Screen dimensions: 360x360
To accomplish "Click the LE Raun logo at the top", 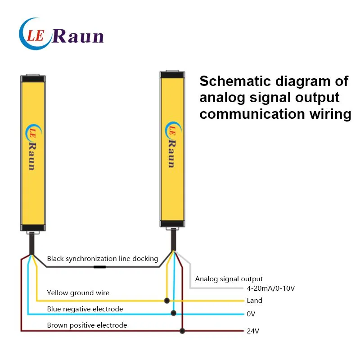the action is click(61, 34).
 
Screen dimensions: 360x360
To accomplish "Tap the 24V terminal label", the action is click(253, 331).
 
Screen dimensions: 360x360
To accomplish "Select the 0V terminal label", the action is click(251, 314).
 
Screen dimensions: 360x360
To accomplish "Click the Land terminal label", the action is click(254, 300).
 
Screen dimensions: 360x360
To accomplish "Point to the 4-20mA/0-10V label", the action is click(271, 288).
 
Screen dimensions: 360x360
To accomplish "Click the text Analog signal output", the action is click(229, 279).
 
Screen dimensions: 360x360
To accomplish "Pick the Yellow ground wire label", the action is click(78, 293).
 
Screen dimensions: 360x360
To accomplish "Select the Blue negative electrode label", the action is click(85, 309).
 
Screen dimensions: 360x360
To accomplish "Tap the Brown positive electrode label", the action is click(87, 325).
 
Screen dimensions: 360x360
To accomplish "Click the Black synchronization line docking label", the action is click(103, 259).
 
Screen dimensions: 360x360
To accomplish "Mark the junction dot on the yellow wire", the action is click(167, 301).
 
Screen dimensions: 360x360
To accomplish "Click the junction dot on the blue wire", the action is click(174, 313).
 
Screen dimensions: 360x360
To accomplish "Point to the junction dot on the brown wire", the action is click(182, 331).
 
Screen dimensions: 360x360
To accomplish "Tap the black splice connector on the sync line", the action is click(99, 267).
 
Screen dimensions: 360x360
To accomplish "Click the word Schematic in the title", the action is click(235, 81).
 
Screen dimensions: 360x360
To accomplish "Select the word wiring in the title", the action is click(330, 114).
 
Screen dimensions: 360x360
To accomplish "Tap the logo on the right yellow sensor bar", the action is click(173, 144).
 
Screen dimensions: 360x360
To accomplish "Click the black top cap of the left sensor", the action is click(33, 79).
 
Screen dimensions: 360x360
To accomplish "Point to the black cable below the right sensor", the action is click(174, 239).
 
